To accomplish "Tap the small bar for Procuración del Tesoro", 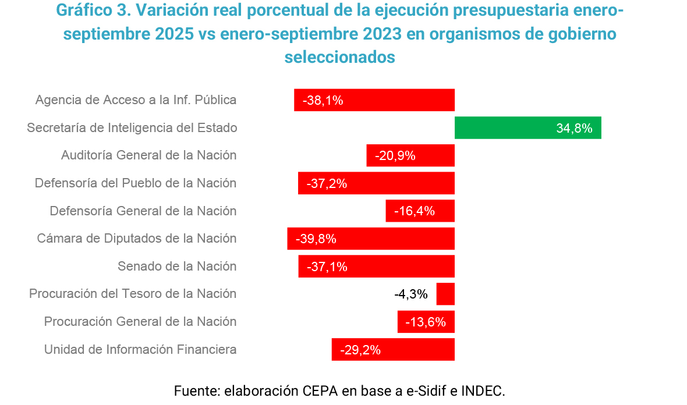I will (445, 294).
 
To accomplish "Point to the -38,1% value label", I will (323, 100).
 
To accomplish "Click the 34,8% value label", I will (574, 128).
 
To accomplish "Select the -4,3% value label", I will (411, 294).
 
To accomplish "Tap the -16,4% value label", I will (415, 211).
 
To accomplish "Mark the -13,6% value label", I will (426, 322).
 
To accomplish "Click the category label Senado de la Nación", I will (177, 266).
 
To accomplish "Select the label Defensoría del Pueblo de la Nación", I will (136, 183).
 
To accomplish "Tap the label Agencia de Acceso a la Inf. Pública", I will (136, 100).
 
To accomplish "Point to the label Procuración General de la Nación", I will (140, 321).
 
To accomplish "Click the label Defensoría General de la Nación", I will (143, 211).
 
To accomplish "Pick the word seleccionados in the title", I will (340, 57).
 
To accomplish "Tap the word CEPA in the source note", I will (320, 390).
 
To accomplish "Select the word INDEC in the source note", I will (482, 390).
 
